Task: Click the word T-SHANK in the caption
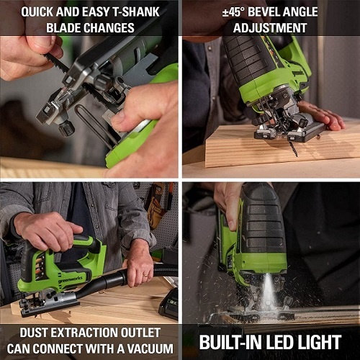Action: coord(136,12)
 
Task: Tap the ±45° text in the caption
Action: coord(233,12)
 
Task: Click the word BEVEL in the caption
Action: coord(263,12)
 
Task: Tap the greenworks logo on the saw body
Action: coord(70,279)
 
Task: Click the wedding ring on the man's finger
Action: coord(145,276)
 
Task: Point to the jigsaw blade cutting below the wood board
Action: coord(293,148)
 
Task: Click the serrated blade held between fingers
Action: coord(56,63)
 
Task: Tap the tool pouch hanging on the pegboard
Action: coord(156,211)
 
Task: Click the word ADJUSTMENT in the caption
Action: coord(270,28)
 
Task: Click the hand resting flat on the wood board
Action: coord(322,115)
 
